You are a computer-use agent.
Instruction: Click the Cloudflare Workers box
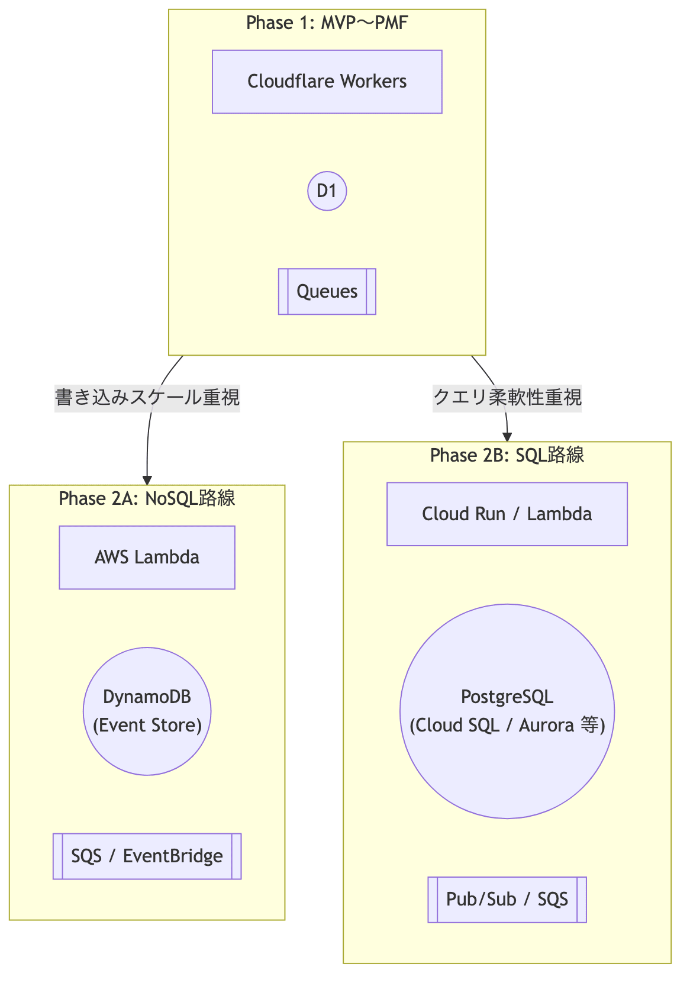pos(327,82)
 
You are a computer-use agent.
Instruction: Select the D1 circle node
pos(327,191)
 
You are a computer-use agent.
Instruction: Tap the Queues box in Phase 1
pos(327,291)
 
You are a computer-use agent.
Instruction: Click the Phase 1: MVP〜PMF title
pos(327,23)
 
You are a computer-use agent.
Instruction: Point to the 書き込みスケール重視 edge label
pos(147,397)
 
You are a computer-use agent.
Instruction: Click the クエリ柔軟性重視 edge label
pos(507,397)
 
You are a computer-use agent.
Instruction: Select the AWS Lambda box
pos(147,558)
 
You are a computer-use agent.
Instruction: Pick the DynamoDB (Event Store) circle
pos(147,711)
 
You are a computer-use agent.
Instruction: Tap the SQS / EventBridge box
pos(147,856)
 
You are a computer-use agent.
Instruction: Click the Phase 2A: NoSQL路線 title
pos(147,499)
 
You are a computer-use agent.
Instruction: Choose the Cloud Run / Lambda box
pos(507,514)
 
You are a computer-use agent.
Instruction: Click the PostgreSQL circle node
pos(507,711)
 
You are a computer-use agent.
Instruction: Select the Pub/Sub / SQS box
pos(507,900)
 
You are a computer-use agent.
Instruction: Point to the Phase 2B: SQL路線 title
pos(507,455)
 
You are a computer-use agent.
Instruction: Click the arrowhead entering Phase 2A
pos(147,480)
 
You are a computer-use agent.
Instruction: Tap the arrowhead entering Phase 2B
pos(507,437)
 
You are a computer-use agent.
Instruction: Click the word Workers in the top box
pos(377,82)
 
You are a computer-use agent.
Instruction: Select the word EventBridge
pos(173,856)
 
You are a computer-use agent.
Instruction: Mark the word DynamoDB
pos(147,697)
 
